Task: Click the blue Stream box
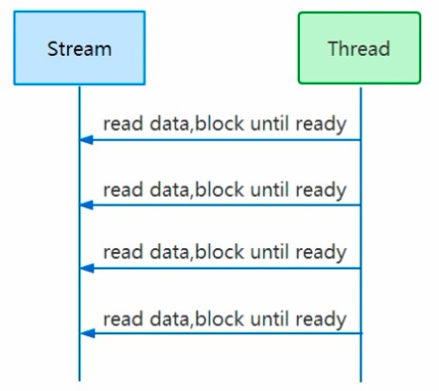click(x=79, y=48)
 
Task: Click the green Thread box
click(x=360, y=48)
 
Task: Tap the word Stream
click(x=79, y=49)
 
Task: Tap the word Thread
click(x=360, y=48)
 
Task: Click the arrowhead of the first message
click(x=87, y=140)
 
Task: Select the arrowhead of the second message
click(x=87, y=205)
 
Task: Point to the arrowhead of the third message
click(x=87, y=269)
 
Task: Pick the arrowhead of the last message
click(x=88, y=333)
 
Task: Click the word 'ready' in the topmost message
click(x=321, y=125)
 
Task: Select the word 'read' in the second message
click(x=123, y=190)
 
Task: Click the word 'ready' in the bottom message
click(x=321, y=320)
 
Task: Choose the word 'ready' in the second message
click(x=321, y=190)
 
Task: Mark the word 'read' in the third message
click(x=123, y=253)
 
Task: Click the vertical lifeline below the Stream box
click(x=79, y=234)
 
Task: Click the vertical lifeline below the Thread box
click(x=360, y=235)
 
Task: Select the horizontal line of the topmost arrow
click(x=220, y=140)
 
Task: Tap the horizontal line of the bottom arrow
click(x=221, y=333)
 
